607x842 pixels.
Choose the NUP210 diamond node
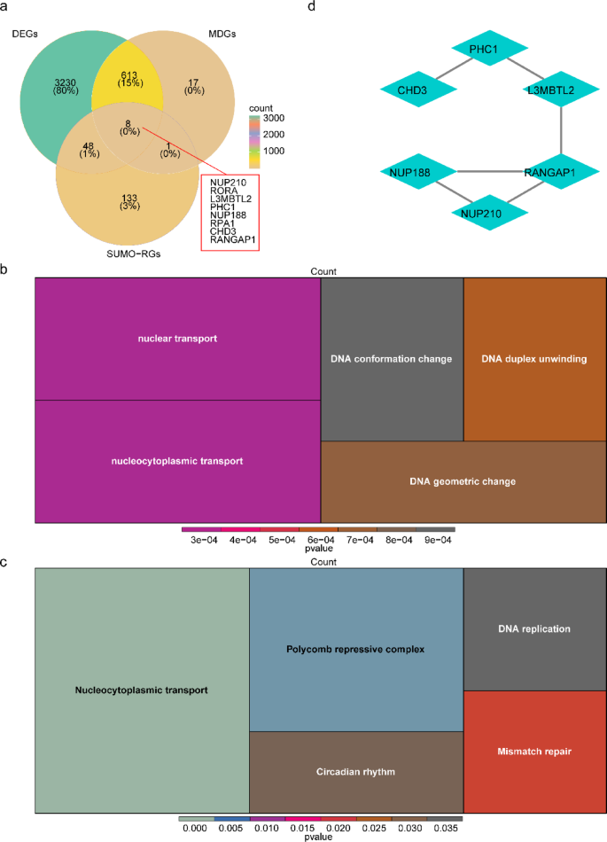[490, 212]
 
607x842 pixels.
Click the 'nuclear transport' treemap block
[177, 339]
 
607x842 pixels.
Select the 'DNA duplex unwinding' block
[534, 359]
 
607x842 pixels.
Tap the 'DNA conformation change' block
[392, 359]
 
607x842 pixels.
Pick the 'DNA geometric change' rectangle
[463, 481]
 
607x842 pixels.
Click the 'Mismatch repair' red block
[534, 752]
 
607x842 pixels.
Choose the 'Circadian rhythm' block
[355, 771]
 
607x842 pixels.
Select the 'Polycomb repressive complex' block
[355, 649]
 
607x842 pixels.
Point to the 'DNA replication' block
[534, 629]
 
